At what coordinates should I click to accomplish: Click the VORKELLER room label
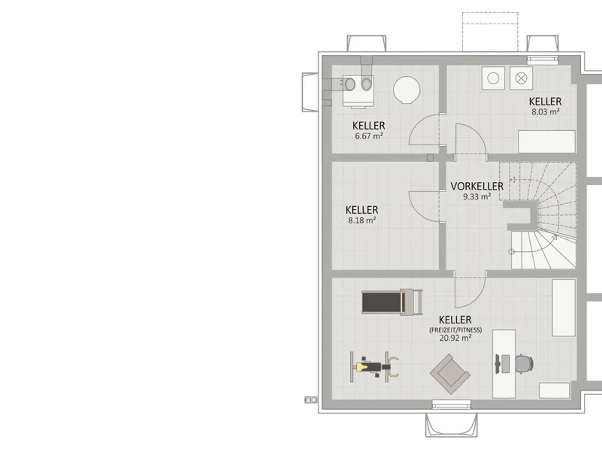[477, 186]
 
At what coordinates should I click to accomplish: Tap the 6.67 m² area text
[369, 136]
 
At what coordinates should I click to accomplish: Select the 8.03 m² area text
[546, 112]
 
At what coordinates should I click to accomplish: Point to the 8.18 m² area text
[362, 220]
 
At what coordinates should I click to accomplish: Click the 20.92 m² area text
[455, 338]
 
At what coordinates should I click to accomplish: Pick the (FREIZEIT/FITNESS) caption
[455, 330]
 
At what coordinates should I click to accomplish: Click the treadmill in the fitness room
[392, 302]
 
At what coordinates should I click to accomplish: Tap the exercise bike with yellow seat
[374, 367]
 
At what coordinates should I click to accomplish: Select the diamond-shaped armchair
[450, 374]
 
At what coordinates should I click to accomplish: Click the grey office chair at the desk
[524, 364]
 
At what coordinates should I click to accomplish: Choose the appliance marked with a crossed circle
[521, 78]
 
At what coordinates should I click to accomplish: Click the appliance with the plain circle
[493, 78]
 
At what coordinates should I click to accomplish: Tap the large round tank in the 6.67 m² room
[406, 90]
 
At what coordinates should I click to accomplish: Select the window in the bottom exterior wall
[451, 404]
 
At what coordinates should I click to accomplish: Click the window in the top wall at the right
[542, 60]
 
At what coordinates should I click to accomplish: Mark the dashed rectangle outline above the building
[490, 32]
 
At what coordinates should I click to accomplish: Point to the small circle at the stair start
[511, 252]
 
